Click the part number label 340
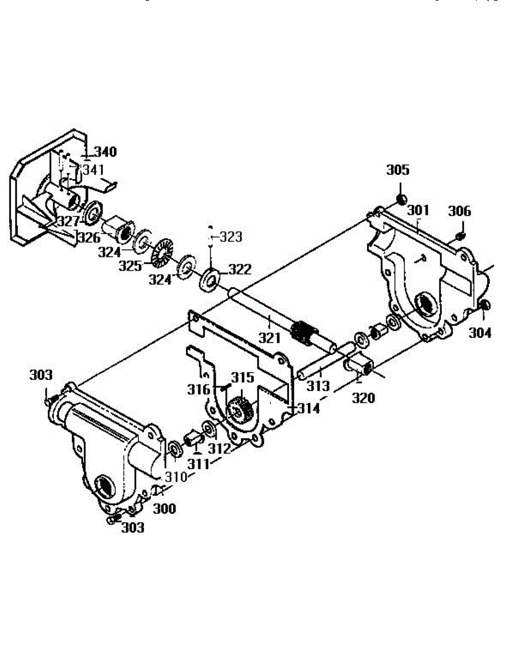[x=105, y=152]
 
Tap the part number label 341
[x=93, y=170]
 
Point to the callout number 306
[x=460, y=211]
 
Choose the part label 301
[x=418, y=210]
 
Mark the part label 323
[x=231, y=237]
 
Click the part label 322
[x=240, y=270]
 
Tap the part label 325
[x=131, y=266]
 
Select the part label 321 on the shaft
[x=270, y=337]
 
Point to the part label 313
[x=318, y=386]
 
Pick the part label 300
[x=164, y=509]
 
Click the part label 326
[x=88, y=238]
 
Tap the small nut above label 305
[x=401, y=199]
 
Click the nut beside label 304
[x=484, y=305]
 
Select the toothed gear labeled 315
[x=241, y=409]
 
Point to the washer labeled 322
[x=209, y=278]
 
